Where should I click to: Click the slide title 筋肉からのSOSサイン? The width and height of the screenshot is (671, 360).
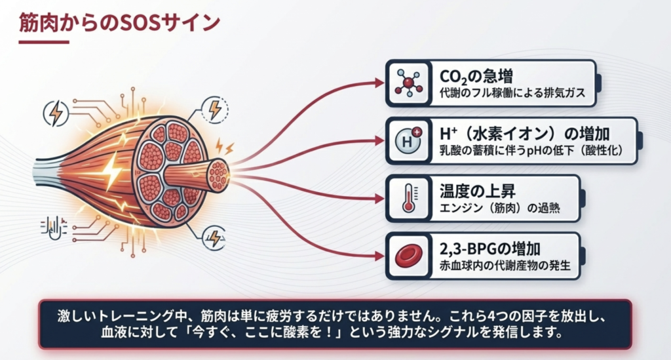[119, 23]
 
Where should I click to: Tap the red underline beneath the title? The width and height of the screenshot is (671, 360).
[44, 42]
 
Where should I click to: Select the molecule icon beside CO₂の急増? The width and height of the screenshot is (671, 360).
[409, 83]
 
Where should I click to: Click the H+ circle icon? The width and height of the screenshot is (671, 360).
[408, 141]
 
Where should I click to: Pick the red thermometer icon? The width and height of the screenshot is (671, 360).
[410, 198]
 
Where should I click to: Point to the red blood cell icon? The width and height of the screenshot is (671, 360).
[409, 256]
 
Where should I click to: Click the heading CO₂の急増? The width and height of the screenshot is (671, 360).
[476, 77]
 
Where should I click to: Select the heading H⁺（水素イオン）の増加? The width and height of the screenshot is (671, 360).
[524, 134]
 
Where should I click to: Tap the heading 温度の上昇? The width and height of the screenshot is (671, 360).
[477, 191]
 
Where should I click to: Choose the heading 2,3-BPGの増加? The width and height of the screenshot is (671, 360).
[489, 249]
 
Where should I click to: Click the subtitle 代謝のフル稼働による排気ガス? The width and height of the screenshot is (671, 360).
[512, 92]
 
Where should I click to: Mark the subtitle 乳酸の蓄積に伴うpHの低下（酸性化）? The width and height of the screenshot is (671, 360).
[531, 150]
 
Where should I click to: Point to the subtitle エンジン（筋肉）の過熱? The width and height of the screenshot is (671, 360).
[499, 208]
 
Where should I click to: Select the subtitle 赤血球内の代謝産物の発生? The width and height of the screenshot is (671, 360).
[505, 266]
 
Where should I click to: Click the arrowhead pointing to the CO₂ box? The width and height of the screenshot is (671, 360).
[379, 83]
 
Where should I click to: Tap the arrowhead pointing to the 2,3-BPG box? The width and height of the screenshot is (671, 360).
[379, 256]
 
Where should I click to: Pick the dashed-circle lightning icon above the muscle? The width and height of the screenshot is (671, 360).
[214, 110]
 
